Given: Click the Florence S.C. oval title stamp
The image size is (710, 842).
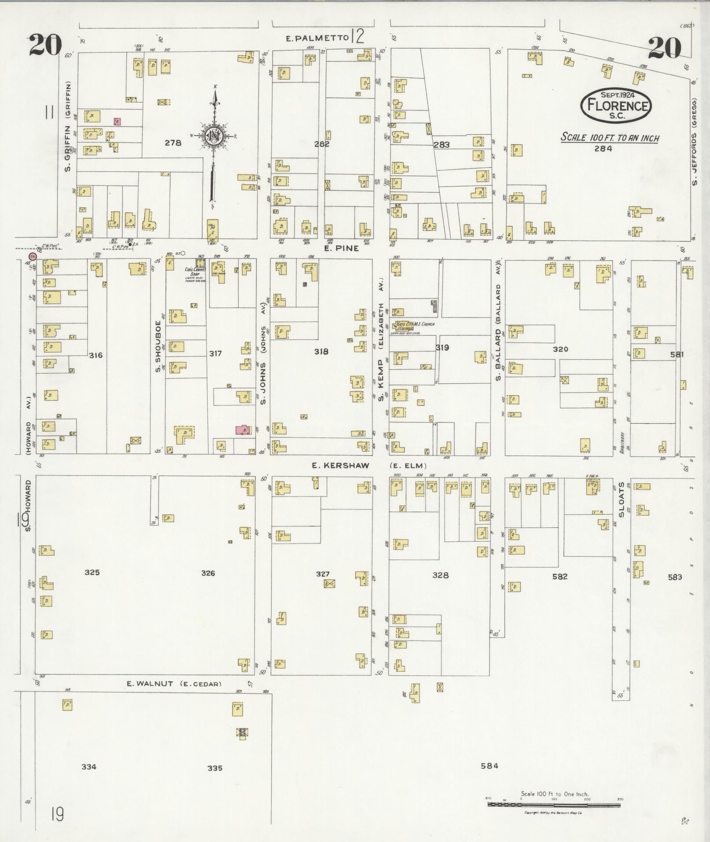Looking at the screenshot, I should tap(616, 106).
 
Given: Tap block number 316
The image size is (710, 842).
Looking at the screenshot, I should tap(96, 355).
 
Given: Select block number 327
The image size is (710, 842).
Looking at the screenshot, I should tap(323, 574).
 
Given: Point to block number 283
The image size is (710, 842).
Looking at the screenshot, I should tap(441, 144).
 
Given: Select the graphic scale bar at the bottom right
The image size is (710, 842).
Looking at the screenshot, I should tap(554, 805).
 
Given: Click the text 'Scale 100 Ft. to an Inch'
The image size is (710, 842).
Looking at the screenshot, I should tap(610, 138).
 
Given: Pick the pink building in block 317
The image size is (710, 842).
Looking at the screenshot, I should tap(242, 430).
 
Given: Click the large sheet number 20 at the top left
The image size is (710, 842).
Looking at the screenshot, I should tap(45, 46).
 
